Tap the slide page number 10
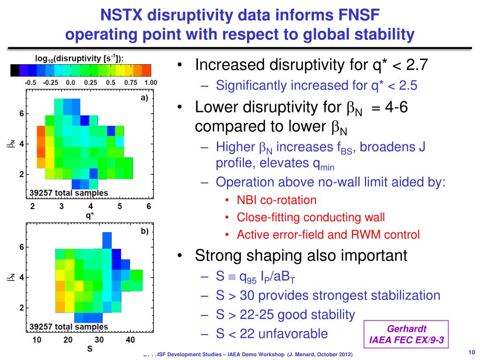[471, 352]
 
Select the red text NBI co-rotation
[277, 200]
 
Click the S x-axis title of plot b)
[89, 349]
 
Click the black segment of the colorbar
[15, 70]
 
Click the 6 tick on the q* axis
[149, 206]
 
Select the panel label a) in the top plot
[144, 97]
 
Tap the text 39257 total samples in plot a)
[69, 193]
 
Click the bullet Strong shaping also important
[301, 255]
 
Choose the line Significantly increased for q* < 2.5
[316, 85]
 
